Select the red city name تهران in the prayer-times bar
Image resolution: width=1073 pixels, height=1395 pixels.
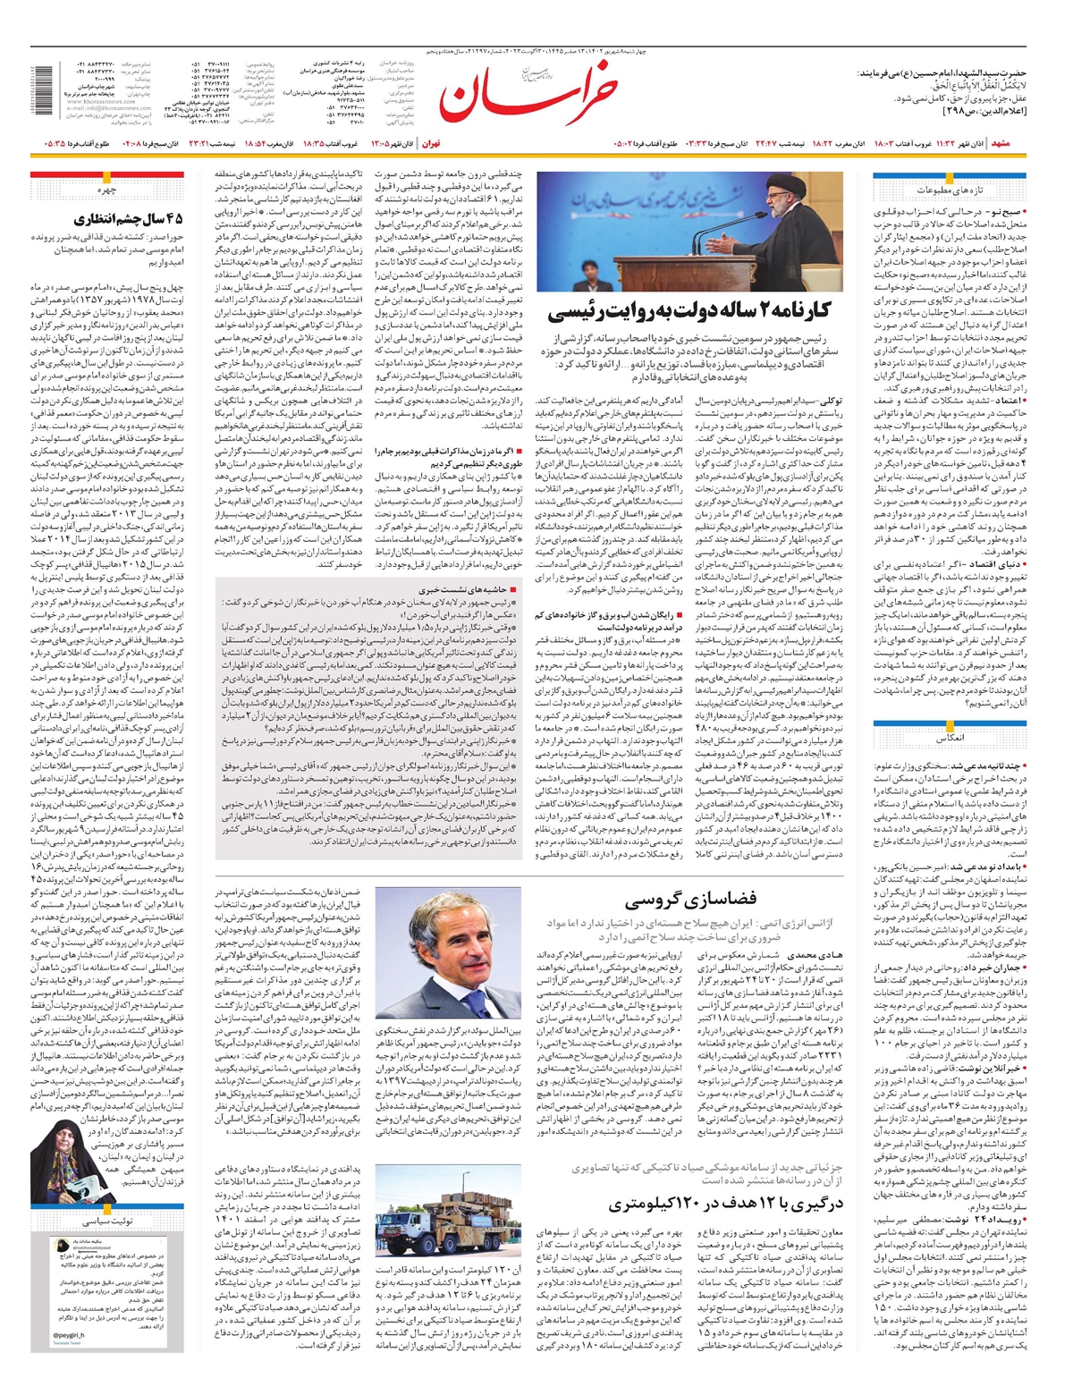[x=431, y=143]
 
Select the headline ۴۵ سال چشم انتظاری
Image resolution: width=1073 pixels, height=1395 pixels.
[x=131, y=218]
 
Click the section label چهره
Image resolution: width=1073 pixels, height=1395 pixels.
[x=107, y=190]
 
